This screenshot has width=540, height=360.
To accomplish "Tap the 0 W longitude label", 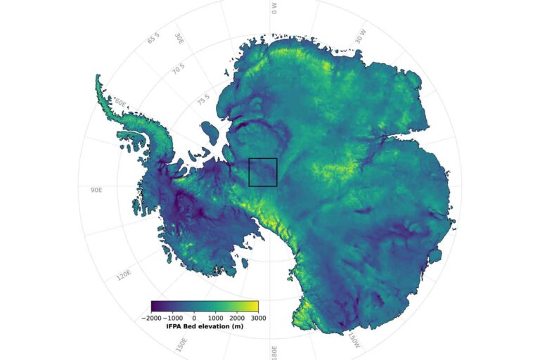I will coord(274,8).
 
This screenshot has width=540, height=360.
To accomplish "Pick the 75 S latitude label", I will coord(203,98).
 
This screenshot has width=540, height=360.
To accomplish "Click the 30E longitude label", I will coord(180,38).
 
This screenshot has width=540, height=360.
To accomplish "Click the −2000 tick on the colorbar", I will coord(151,317).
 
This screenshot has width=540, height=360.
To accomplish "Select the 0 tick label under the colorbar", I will coord(194,317).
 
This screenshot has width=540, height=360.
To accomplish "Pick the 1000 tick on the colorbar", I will coord(214,317).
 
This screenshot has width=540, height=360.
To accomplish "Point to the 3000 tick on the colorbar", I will coord(257,317).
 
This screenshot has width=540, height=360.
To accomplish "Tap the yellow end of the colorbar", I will coord(255,306).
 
